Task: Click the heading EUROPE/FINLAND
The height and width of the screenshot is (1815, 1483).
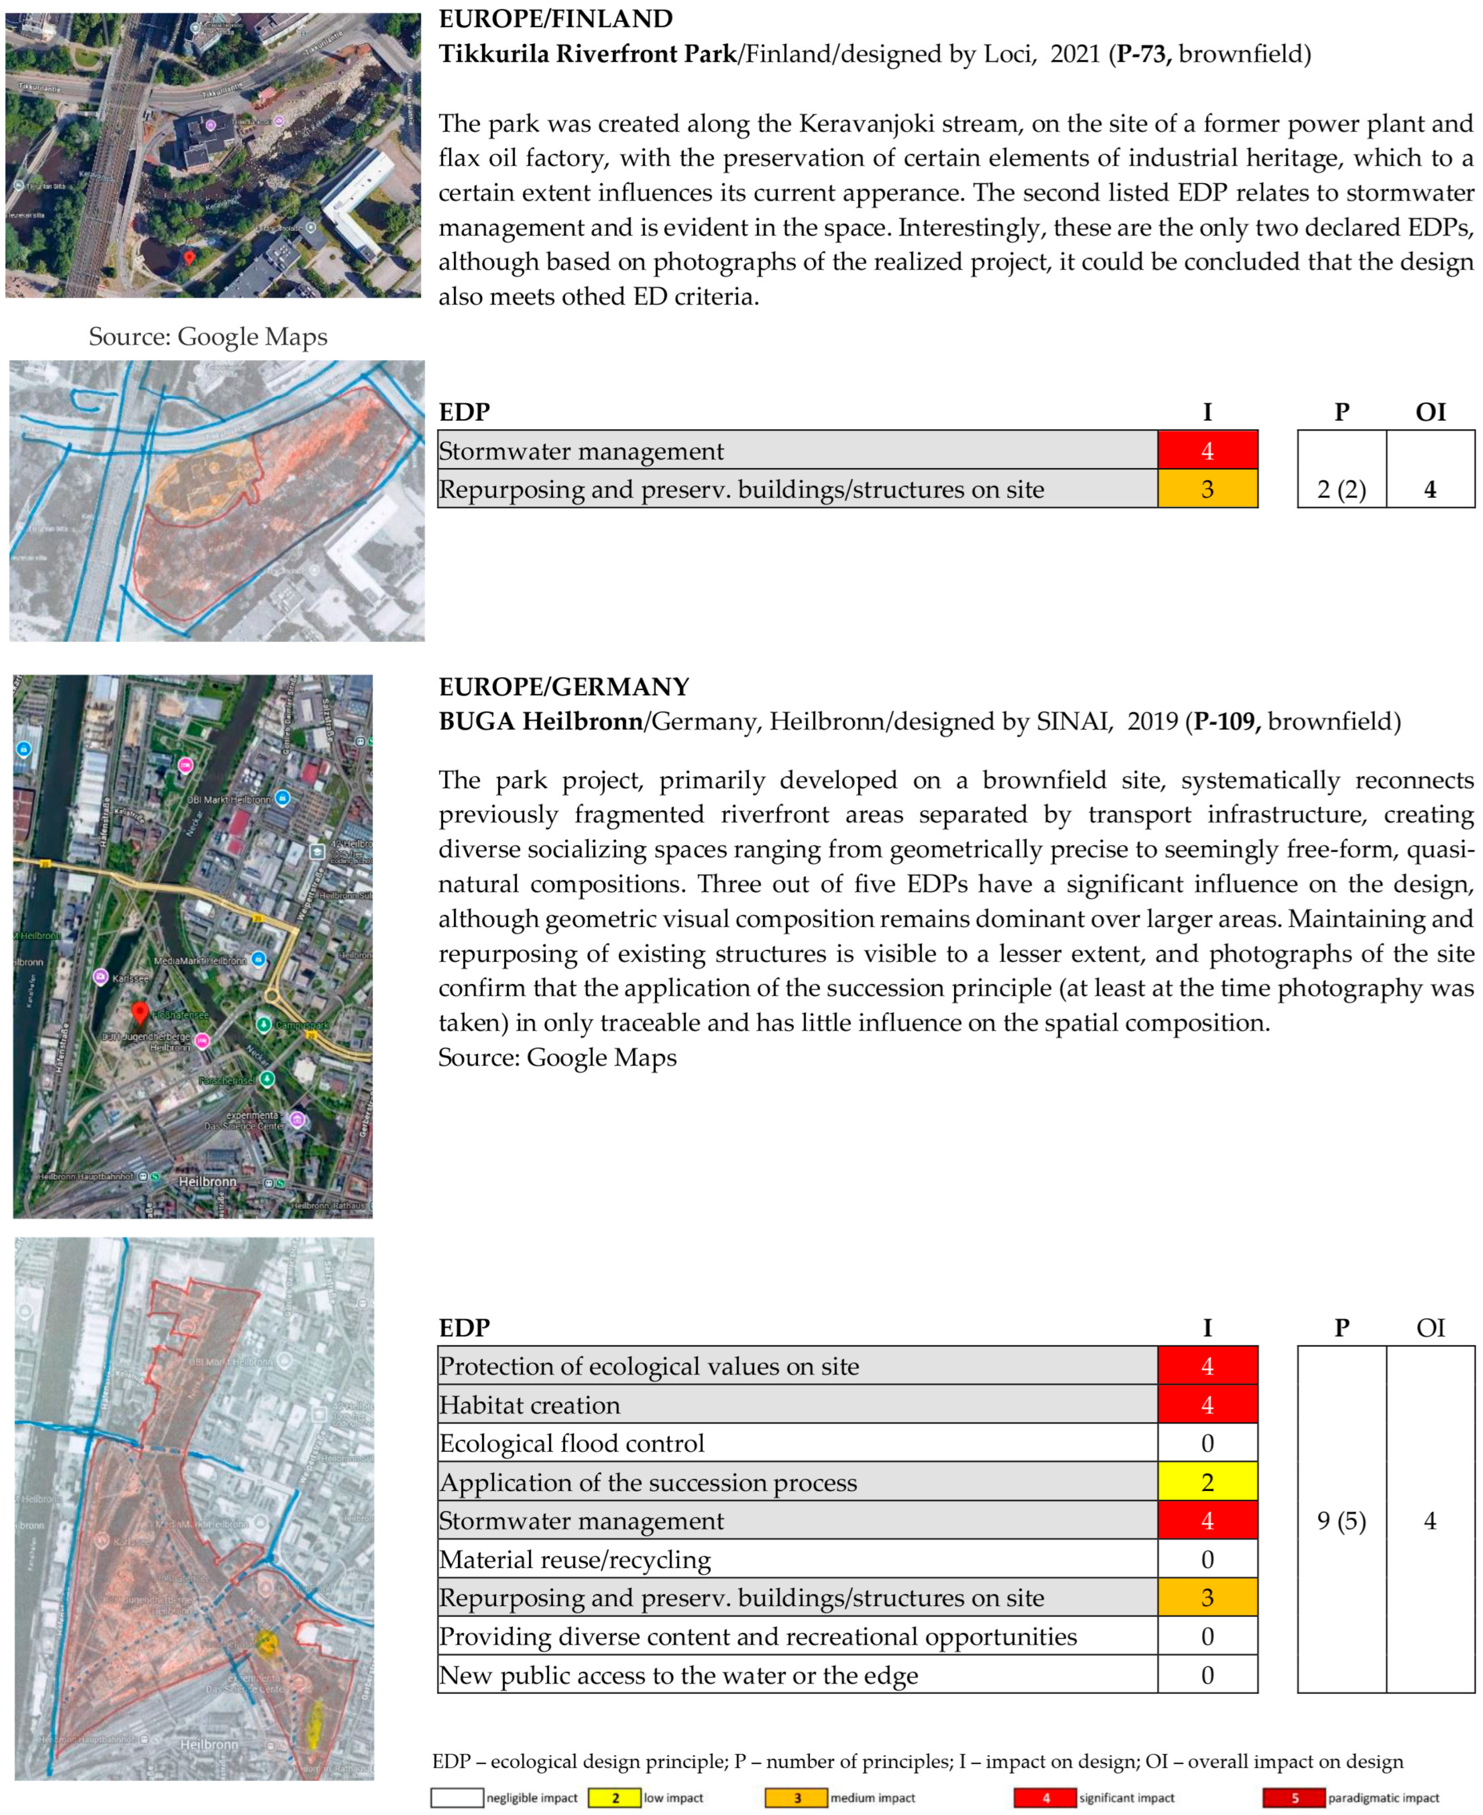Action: (x=555, y=19)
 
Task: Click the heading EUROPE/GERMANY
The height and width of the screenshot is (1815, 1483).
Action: (x=564, y=687)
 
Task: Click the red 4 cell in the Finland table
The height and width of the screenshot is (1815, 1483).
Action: (x=1206, y=451)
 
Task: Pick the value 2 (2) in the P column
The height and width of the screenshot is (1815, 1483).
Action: (x=1341, y=490)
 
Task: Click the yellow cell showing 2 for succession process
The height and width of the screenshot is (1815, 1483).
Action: (x=1206, y=1482)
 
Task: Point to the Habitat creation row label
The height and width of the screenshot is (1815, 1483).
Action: (x=530, y=1405)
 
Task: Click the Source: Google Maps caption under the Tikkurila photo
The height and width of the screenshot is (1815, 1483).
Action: (x=208, y=337)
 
